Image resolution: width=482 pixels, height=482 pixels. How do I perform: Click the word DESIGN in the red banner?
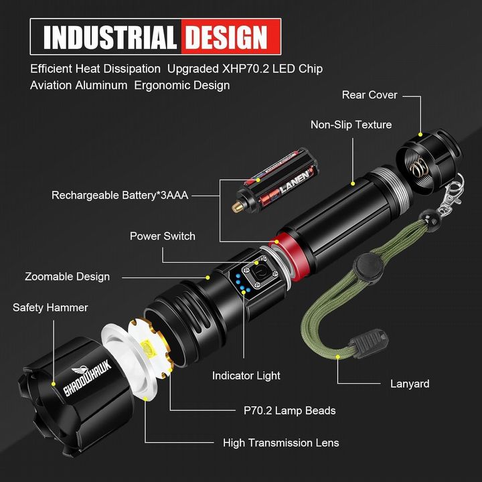226,37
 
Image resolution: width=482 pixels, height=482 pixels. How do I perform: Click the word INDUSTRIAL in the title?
110,37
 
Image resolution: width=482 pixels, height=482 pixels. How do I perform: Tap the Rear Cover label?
370,95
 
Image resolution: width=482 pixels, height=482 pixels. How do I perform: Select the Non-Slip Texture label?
351,125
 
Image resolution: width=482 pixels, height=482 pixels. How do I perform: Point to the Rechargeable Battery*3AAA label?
120,195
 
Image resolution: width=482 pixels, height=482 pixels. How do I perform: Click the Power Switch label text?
162,236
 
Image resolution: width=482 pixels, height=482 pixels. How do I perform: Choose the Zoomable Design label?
68,276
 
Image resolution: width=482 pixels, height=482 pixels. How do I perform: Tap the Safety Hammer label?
50,307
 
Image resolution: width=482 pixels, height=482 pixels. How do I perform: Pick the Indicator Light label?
246,376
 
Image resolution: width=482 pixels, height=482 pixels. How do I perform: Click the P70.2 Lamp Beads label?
290,410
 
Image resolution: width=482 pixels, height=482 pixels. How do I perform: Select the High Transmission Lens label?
281,443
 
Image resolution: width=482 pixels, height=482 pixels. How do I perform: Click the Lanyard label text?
410,384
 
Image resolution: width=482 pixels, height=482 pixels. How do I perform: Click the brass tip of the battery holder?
237,208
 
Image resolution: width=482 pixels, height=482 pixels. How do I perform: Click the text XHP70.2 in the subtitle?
246,69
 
